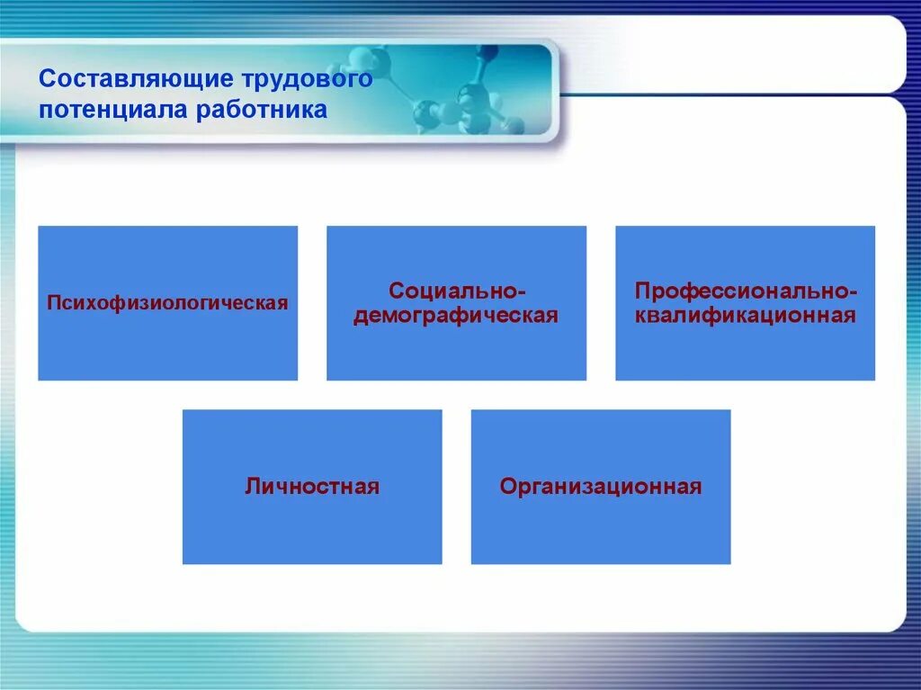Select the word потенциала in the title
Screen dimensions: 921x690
[x=113, y=110]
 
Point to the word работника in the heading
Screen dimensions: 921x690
[x=262, y=110]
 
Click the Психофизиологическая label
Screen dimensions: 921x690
[x=167, y=303]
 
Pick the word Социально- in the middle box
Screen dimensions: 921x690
[x=456, y=291]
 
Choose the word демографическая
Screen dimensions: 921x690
[x=456, y=316]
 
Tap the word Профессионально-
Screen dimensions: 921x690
[x=746, y=291]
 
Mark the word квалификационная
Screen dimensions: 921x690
[x=745, y=316]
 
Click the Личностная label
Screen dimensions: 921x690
[x=312, y=487]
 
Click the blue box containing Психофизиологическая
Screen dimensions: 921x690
[x=168, y=303]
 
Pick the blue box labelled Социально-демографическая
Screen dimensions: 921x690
[x=456, y=303]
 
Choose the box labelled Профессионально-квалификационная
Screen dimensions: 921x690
[x=746, y=303]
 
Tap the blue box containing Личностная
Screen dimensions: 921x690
[x=312, y=488]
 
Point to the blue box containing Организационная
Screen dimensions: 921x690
[x=601, y=488]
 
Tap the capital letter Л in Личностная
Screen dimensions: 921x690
[x=253, y=487]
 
